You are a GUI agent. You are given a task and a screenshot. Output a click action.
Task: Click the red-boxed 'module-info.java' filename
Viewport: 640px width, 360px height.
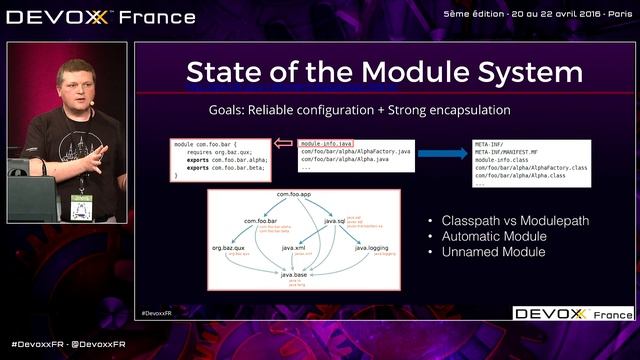click(326, 143)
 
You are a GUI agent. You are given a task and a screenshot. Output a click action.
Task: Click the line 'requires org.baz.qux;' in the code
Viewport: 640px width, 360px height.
click(212, 151)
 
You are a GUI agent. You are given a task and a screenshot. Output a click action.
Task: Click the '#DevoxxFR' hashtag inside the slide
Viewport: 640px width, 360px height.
click(156, 312)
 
